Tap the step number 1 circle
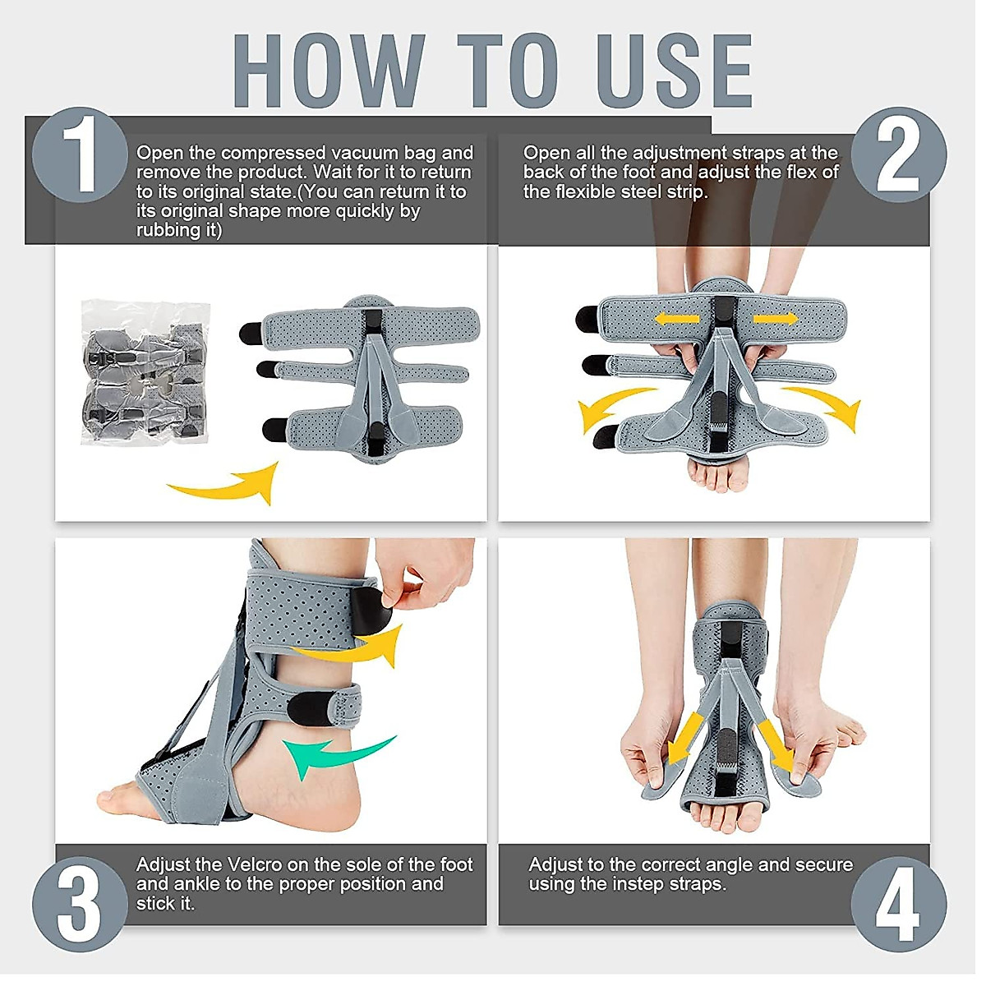click(x=80, y=154)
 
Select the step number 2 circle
click(x=898, y=154)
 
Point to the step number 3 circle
click(x=80, y=904)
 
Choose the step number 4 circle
click(x=898, y=904)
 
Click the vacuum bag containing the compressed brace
click(x=145, y=372)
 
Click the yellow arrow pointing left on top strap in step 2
click(x=676, y=319)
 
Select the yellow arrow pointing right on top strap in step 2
click(x=775, y=319)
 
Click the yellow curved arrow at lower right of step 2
click(x=826, y=407)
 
